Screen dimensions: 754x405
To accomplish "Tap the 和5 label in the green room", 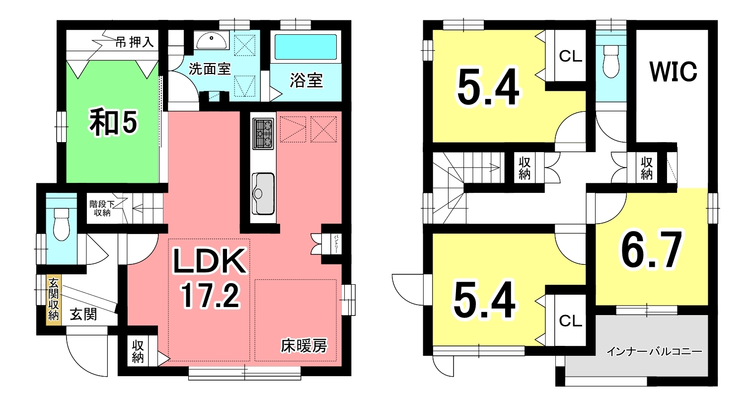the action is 113,122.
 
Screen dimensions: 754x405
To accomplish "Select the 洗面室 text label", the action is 210,69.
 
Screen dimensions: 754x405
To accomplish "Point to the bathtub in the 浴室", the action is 305,47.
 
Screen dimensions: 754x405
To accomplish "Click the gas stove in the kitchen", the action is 263,134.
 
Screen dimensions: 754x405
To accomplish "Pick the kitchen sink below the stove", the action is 263,194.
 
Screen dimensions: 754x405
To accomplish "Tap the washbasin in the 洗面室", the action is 211,40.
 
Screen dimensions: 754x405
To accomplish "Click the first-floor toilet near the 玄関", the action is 61,224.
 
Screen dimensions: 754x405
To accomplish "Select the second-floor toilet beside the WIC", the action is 611,61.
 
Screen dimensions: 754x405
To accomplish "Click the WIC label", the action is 673,72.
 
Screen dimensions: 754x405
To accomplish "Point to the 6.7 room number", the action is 652,250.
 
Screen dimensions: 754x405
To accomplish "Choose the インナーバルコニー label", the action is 654,352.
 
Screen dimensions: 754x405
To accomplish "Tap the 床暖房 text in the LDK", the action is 304,346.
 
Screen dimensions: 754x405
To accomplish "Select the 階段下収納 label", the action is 102,208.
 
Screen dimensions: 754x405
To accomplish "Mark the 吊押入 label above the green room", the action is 135,42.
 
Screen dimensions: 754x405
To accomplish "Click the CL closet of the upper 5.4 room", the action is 570,56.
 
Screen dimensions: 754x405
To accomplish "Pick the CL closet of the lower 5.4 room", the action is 570,321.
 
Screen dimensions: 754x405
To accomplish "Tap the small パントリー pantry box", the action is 332,243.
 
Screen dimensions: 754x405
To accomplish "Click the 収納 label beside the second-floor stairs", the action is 525,168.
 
